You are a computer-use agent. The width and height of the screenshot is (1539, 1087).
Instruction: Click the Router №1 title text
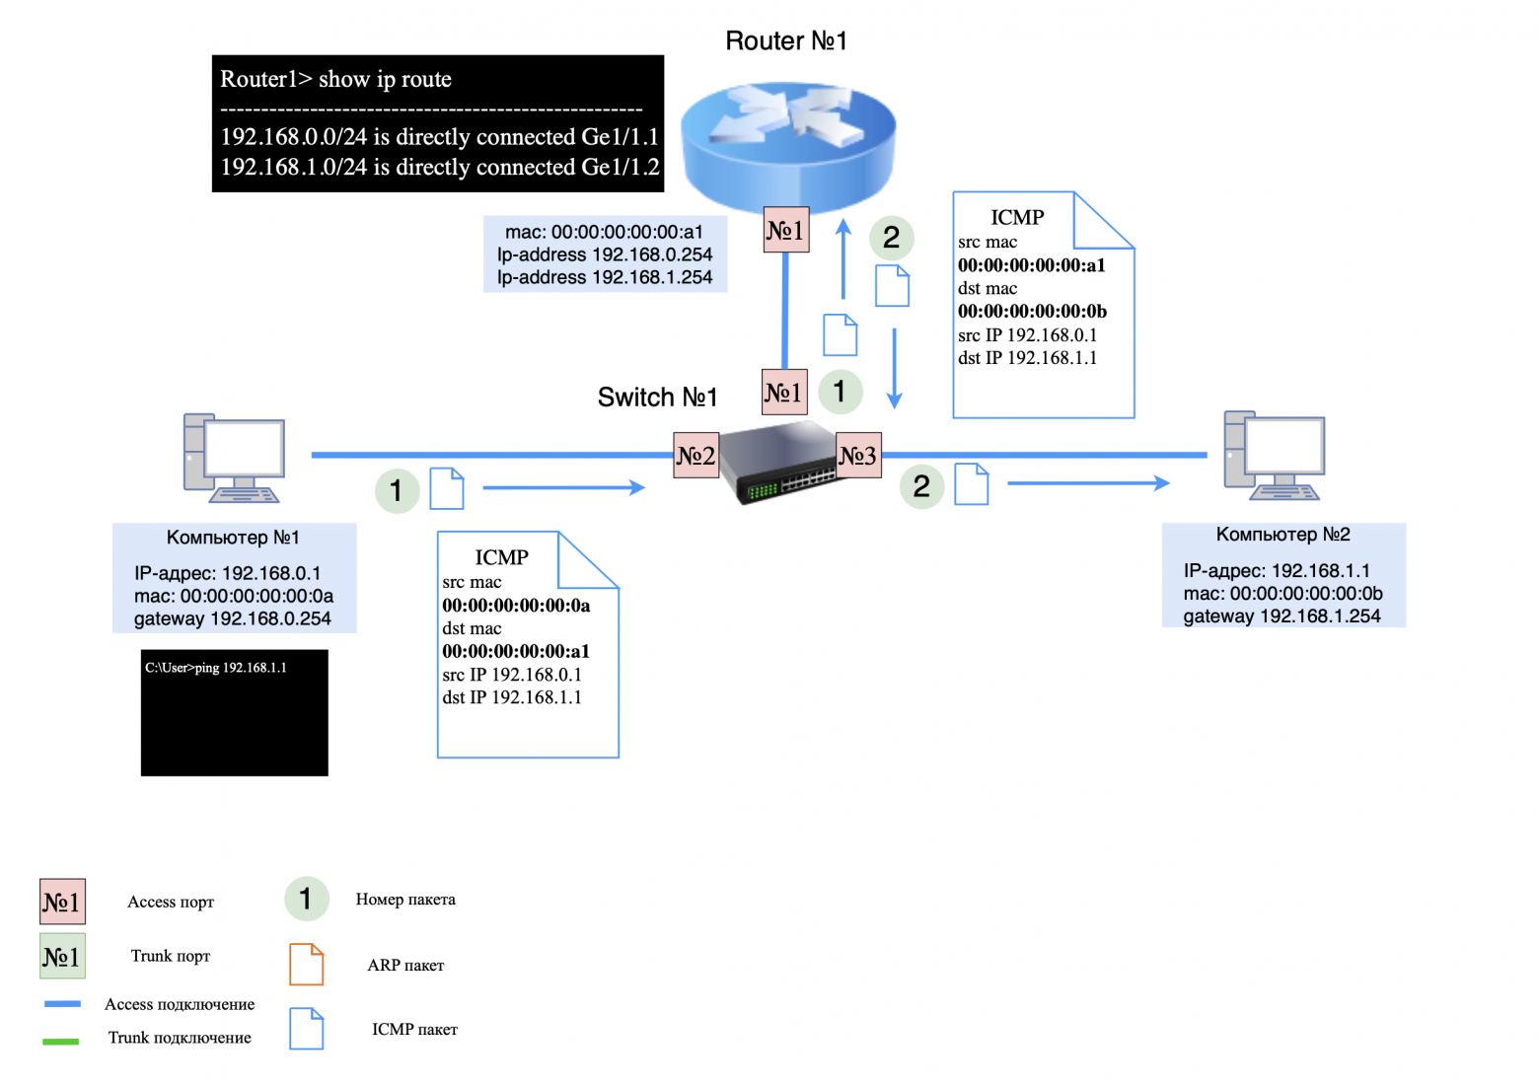786,41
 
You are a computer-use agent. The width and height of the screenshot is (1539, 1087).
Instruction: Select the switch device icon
778,463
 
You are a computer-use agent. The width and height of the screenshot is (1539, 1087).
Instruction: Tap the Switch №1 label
657,398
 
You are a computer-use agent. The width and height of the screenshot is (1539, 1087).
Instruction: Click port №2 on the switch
696,456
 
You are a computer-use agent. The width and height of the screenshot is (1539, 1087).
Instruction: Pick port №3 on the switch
857,456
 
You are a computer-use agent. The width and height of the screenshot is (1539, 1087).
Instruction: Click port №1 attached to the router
786,231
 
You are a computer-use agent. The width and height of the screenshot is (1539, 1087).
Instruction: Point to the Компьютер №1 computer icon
234,458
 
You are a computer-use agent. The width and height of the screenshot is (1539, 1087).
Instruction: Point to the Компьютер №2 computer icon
1274,456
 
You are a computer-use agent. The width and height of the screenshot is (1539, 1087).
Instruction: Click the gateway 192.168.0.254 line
233,619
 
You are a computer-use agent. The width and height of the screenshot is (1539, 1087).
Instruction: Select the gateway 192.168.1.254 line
1282,616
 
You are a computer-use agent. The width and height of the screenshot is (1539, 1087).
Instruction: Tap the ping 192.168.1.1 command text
216,668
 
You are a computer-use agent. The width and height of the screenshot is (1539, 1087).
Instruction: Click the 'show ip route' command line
335,80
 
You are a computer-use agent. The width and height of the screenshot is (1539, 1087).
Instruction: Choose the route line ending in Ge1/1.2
439,168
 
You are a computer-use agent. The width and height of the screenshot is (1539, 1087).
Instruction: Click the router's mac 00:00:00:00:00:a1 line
604,233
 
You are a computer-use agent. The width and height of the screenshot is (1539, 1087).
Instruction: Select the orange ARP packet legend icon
306,965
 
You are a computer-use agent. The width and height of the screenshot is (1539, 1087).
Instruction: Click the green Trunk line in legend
61,1041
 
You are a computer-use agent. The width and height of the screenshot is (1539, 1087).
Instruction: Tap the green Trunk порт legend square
62,956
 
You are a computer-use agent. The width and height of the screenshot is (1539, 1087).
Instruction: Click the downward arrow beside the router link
894,368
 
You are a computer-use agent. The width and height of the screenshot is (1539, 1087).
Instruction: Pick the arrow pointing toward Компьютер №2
1087,483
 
